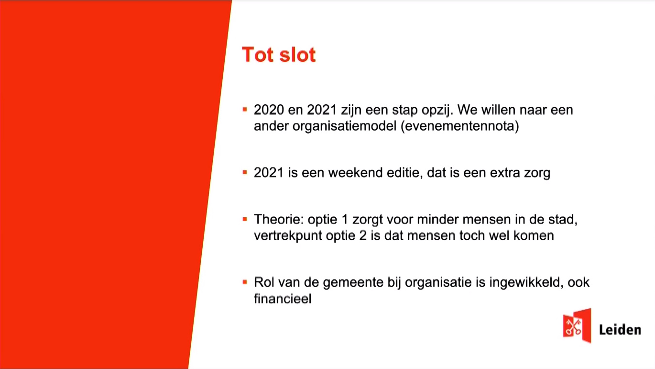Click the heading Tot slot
279,55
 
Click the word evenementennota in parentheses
460,126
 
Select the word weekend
355,172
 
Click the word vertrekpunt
288,235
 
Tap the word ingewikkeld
526,283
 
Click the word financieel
283,299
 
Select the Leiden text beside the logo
620,330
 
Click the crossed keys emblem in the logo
573,327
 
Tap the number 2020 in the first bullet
269,110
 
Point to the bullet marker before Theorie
245,219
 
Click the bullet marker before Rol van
245,282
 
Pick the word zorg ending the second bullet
537,173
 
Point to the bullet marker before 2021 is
245,172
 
